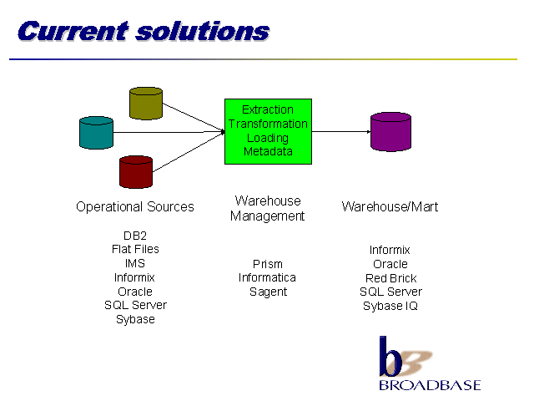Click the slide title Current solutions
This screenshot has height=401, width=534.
(x=143, y=31)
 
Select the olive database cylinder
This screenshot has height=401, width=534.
(x=146, y=103)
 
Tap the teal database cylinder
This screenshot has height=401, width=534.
(x=96, y=133)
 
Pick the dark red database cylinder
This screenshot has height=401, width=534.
(x=136, y=172)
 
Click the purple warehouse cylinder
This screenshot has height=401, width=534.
(x=390, y=131)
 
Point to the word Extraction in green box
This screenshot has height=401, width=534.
(x=268, y=109)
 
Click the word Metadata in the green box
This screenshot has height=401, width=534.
(x=268, y=151)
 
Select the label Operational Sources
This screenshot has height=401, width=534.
(x=135, y=206)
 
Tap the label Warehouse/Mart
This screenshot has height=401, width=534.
(x=390, y=206)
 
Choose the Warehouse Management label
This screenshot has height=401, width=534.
(x=268, y=208)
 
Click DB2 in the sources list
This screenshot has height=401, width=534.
(x=135, y=236)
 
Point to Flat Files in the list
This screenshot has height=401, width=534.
(x=135, y=249)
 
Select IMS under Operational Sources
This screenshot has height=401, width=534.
(x=135, y=263)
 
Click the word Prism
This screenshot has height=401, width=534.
(x=268, y=264)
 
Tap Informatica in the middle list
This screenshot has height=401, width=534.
(x=268, y=277)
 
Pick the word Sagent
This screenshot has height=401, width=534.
(x=268, y=292)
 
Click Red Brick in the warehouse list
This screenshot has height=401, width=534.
(x=390, y=278)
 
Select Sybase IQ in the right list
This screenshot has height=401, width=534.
(x=390, y=306)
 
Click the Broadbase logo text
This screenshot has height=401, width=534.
(x=430, y=385)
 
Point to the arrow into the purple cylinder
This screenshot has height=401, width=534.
(x=342, y=131)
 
